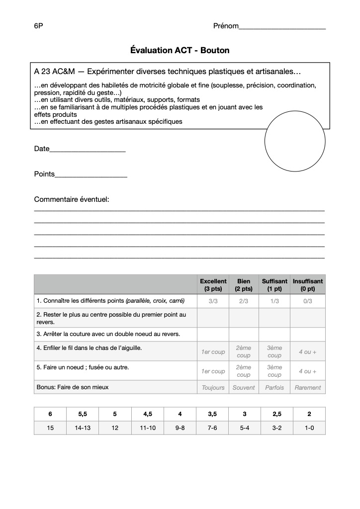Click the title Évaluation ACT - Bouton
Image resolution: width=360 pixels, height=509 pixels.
180,50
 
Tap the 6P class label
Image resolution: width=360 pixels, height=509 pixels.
38,26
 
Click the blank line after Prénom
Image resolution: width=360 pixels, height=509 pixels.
282,28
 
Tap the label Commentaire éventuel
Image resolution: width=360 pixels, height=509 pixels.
72,199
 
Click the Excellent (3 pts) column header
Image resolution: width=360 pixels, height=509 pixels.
213,285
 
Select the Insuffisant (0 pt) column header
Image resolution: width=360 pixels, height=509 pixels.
307,285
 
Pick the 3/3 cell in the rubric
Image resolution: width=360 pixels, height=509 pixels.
213,301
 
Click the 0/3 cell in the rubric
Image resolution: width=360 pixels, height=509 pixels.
307,301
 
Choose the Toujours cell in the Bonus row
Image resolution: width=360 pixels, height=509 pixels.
213,387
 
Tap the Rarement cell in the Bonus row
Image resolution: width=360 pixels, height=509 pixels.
307,387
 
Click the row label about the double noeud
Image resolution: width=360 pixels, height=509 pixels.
108,334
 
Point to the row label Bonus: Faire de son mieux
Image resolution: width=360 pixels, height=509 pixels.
73,387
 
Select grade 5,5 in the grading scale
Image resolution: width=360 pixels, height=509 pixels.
83,414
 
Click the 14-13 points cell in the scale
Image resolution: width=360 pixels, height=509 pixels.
83,427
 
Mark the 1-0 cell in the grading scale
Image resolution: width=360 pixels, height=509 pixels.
309,427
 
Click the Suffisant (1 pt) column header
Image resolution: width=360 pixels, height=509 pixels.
274,285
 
